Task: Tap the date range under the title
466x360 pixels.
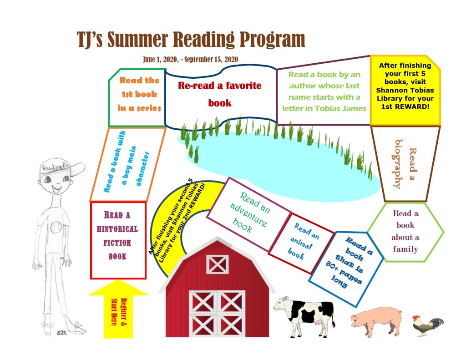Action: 190,59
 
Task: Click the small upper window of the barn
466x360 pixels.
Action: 217,264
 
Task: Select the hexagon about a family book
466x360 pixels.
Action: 405,231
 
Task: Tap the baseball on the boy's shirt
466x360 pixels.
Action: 56,226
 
